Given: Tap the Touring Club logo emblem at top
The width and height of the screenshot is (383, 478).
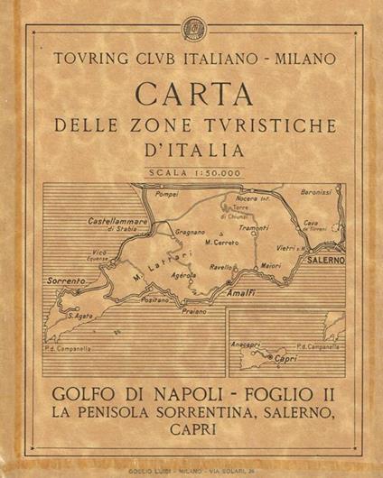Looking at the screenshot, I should point(191,24).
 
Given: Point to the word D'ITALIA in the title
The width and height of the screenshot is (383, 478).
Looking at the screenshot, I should point(192,147).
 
